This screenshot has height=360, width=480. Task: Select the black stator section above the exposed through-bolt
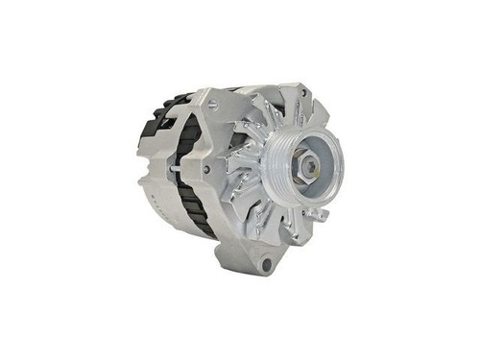point(188,139)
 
